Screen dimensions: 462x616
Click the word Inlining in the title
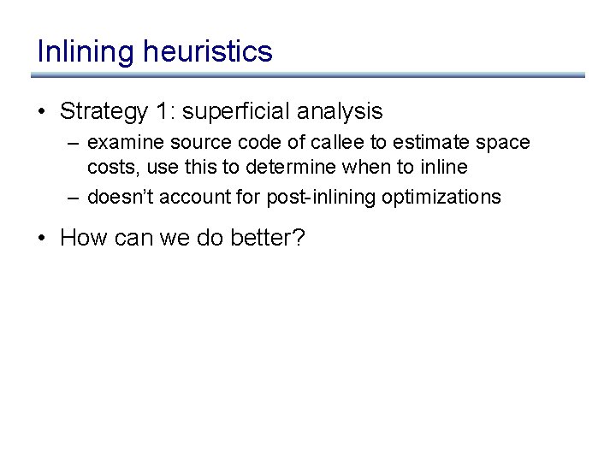point(86,51)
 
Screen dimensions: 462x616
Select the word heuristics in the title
point(208,51)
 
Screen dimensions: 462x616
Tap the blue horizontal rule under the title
point(308,75)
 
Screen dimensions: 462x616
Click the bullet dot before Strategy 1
point(42,111)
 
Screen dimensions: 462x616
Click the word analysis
point(340,111)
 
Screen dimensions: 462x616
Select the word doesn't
point(116,198)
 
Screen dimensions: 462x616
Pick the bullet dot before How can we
point(42,238)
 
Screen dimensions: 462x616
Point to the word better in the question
point(268,238)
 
